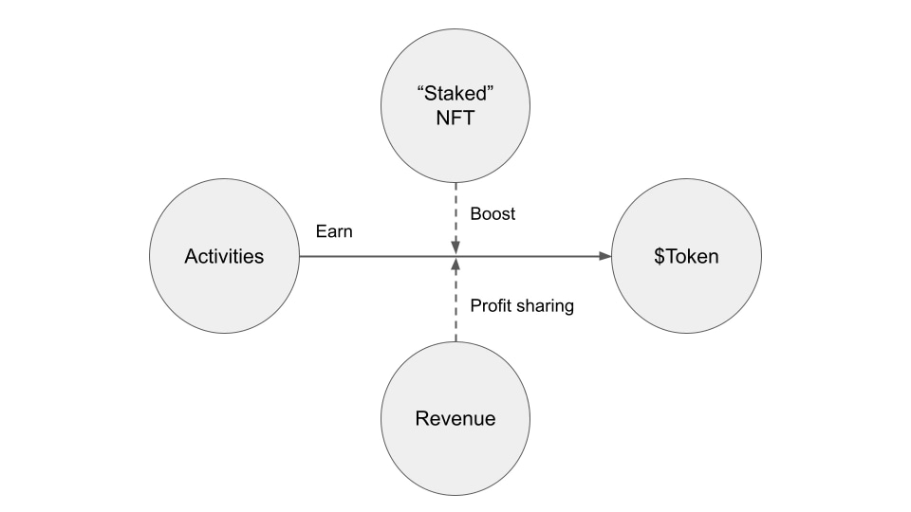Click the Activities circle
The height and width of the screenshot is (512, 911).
pyautogui.click(x=224, y=256)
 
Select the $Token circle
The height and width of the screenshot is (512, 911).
pyautogui.click(x=686, y=256)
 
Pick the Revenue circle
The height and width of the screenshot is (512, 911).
pyautogui.click(x=455, y=418)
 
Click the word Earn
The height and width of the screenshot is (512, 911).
pyautogui.click(x=334, y=231)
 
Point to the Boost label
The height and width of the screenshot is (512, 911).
pyautogui.click(x=493, y=214)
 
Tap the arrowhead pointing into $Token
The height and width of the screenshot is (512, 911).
pyautogui.click(x=604, y=256)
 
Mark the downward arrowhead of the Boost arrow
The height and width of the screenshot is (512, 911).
pyautogui.click(x=455, y=248)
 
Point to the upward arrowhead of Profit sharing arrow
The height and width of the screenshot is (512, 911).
pyautogui.click(x=455, y=264)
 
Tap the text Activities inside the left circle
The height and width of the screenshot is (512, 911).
pyautogui.click(x=224, y=256)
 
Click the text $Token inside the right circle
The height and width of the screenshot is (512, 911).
pyautogui.click(x=686, y=256)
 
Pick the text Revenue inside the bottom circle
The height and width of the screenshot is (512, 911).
pyautogui.click(x=455, y=418)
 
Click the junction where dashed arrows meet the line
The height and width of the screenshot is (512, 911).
pyautogui.click(x=455, y=256)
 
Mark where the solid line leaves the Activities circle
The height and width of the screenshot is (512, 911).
pyautogui.click(x=300, y=256)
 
